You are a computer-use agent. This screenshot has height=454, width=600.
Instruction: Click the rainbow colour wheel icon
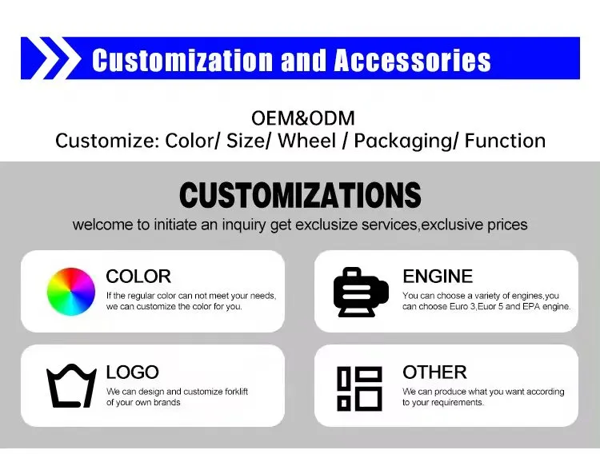pos(71,291)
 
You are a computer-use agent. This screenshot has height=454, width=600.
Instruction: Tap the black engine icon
pos(358,292)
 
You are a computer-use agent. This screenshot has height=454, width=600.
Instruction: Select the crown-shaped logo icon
pos(71,385)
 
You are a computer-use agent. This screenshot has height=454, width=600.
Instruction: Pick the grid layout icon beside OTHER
pos(359,388)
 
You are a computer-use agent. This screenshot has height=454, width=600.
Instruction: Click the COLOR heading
pos(138,277)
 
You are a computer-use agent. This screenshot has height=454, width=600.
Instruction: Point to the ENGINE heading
pos(438,277)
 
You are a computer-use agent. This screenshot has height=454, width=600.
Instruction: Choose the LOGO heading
pos(132,372)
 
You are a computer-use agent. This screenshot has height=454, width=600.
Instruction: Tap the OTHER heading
pos(434,372)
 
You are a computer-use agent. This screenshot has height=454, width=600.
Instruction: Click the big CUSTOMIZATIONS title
pos(300,195)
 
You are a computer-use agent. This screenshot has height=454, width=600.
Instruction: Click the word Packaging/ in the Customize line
pos(406,141)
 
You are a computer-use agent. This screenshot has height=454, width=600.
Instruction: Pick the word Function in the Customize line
pos(505,141)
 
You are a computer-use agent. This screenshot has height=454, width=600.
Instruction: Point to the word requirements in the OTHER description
pos(457,402)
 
